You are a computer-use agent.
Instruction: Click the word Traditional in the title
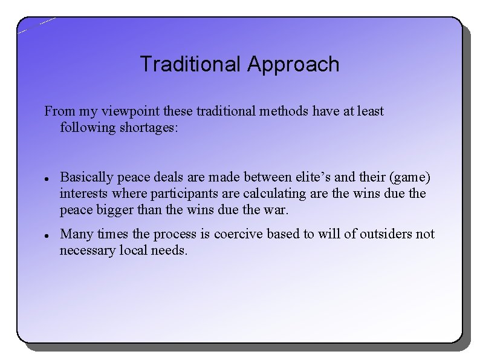[190, 64]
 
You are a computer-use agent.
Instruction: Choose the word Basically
[87, 177]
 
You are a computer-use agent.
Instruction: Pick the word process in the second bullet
[174, 234]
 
